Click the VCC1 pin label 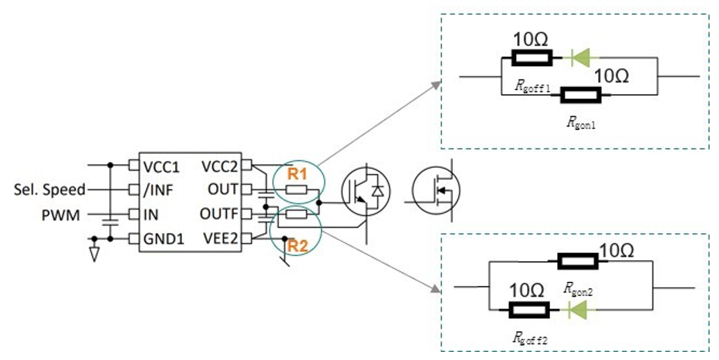point(160,165)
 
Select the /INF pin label point(157,191)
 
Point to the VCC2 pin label point(220,165)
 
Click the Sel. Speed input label point(49,190)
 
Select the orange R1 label point(297,173)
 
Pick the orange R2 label point(297,247)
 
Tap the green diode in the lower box point(577,309)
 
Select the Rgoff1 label point(532,86)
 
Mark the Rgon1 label point(580,123)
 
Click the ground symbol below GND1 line point(94,253)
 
